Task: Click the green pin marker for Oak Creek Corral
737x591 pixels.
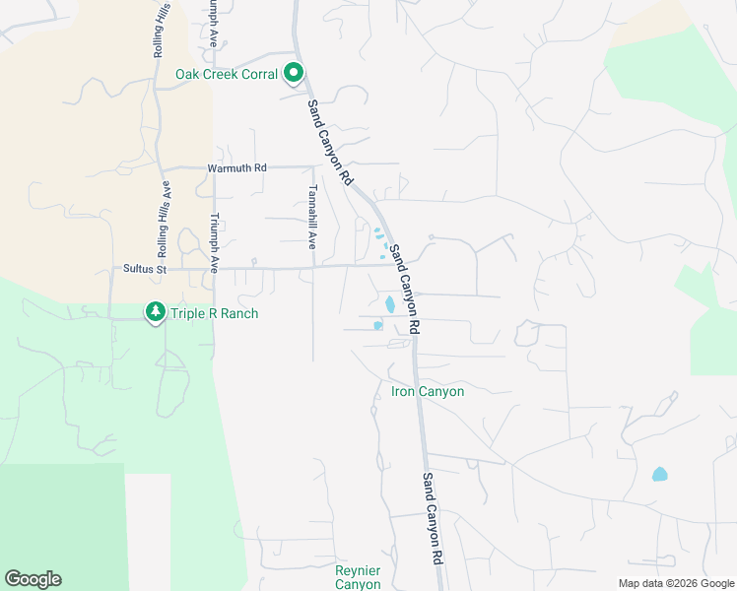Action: coord(293,73)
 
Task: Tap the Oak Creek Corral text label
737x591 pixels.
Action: coord(228,75)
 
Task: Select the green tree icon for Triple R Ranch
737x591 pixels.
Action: coord(155,312)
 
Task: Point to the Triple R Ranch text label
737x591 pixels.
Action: coord(214,314)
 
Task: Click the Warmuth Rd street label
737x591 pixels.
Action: coord(236,168)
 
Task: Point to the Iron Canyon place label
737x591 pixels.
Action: coord(427,392)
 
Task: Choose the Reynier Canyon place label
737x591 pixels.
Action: coord(358,577)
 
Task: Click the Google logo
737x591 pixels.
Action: coord(33,579)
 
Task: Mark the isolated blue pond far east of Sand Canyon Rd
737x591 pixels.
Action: coord(659,474)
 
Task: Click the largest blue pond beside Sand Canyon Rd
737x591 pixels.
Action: coord(389,304)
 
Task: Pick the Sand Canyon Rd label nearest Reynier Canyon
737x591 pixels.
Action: coord(432,517)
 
